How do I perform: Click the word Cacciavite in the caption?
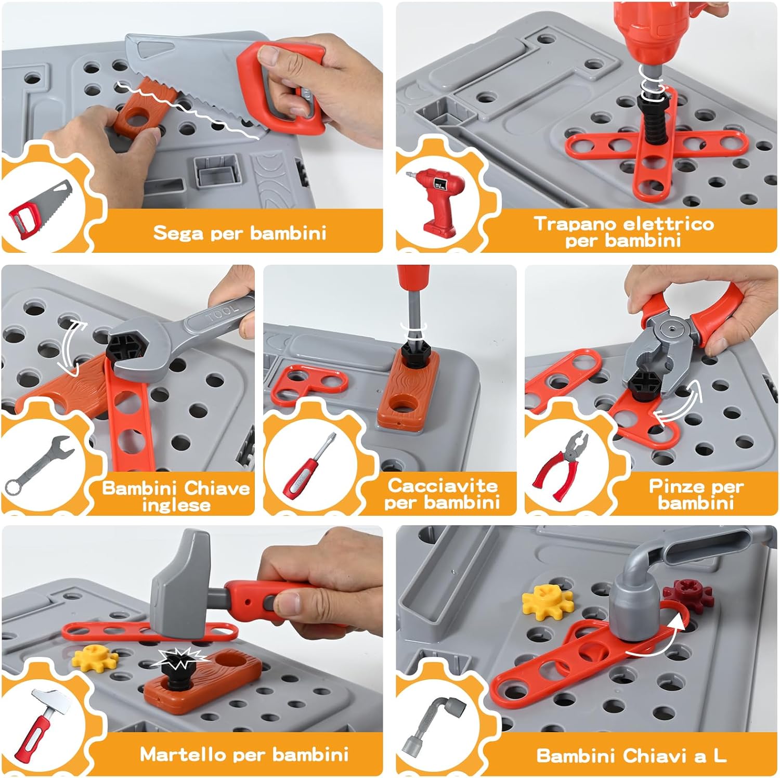[443, 486]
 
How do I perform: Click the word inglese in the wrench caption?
[176, 505]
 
